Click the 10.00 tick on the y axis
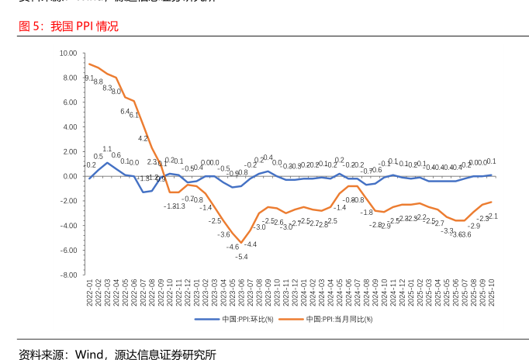(68, 54)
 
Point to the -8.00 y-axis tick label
(68, 275)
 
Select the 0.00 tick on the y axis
(70, 176)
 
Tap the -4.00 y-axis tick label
(68, 226)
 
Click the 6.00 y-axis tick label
(70, 102)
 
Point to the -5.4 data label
(241, 257)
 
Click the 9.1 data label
(89, 78)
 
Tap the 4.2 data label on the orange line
(143, 138)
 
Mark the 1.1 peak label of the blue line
(107, 149)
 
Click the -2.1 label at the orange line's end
(493, 216)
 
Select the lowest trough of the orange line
(241, 243)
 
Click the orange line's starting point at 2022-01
(90, 64)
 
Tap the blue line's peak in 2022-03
(107, 162)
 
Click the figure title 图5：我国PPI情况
(68, 26)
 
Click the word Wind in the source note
(90, 355)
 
